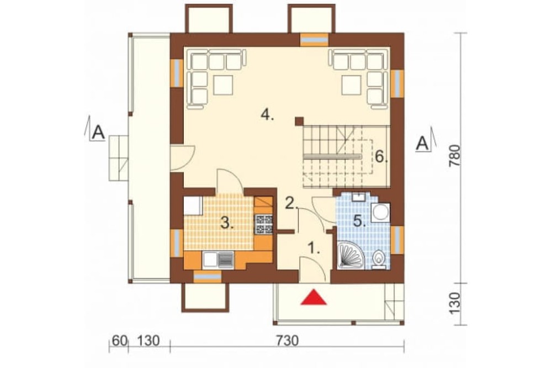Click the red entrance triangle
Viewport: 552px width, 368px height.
point(314,297)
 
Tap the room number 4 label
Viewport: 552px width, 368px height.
point(267,115)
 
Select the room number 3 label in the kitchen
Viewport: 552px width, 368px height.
point(227,223)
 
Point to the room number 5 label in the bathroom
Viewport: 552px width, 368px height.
point(360,222)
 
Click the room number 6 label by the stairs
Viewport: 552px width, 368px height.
point(381,156)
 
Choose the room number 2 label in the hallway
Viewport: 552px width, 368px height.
point(291,203)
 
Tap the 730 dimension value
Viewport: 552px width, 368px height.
point(287,341)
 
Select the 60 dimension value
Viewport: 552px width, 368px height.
point(119,341)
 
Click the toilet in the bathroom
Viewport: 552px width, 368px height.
point(379,259)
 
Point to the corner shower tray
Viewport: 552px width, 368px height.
point(350,255)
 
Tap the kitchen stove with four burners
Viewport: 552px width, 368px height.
point(264,224)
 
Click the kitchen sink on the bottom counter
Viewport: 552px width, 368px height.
point(218,260)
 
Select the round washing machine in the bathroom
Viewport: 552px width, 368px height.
point(380,212)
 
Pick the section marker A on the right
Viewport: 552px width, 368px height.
point(423,143)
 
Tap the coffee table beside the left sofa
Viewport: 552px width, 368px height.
point(223,85)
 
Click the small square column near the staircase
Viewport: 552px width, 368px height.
point(299,121)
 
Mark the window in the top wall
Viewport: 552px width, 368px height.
point(315,39)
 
